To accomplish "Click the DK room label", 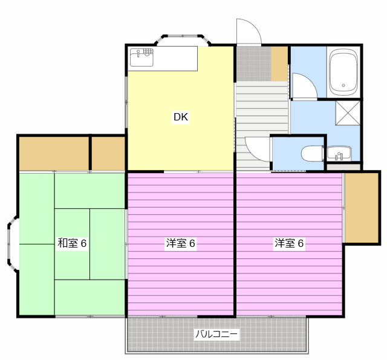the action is tap(181, 117).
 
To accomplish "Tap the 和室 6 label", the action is tap(72, 243).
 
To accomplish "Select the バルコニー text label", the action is tap(216, 334).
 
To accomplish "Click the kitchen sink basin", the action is tap(141, 57).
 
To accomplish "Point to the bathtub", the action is tap(343, 72).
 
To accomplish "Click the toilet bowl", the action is tap(312, 153).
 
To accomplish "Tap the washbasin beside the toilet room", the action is tap(339, 153).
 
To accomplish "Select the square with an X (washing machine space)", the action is tap(348, 113).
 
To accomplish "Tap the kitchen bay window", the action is tap(183, 40).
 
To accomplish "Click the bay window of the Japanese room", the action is tap(13, 244).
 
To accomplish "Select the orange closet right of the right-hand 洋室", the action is tap(362, 208).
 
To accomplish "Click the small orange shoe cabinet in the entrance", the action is tap(279, 64).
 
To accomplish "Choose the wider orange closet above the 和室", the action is tap(54, 153).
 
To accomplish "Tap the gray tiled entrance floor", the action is tap(254, 64).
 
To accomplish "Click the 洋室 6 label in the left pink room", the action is tap(181, 243).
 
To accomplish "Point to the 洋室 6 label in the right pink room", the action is tap(289, 243).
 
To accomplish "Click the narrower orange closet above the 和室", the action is tap(108, 153).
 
